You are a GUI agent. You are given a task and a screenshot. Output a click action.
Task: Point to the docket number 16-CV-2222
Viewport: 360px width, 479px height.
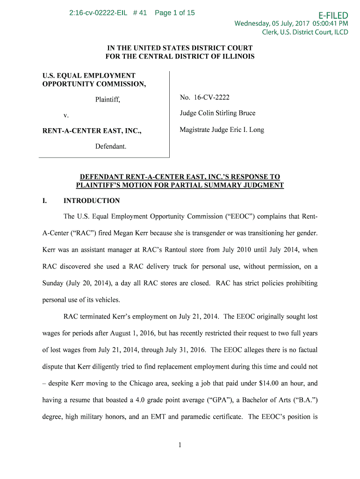click(x=211, y=97)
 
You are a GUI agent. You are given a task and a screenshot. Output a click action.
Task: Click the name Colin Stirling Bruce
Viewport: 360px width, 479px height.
click(x=227, y=113)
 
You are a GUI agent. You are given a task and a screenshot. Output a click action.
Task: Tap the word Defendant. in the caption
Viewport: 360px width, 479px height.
click(x=111, y=146)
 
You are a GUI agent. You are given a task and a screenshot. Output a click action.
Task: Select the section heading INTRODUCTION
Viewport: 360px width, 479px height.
click(x=92, y=201)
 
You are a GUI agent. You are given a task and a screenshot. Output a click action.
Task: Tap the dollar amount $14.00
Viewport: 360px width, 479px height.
click(x=269, y=383)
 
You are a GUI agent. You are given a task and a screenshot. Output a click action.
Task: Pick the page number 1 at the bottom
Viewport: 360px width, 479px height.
click(x=180, y=445)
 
